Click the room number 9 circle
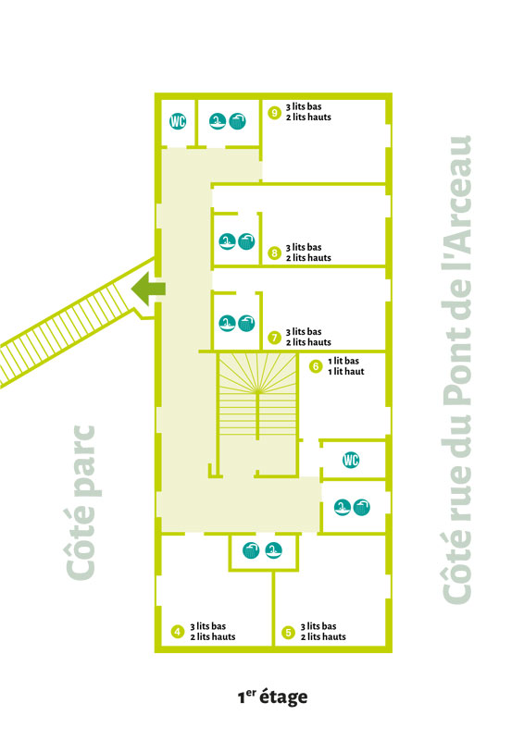click(x=275, y=113)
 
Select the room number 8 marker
click(x=275, y=253)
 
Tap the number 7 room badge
click(x=275, y=338)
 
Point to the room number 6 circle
click(x=316, y=366)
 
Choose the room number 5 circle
click(x=288, y=633)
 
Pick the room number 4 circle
click(x=178, y=632)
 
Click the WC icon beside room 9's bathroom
click(x=178, y=121)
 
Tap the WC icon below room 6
click(x=351, y=459)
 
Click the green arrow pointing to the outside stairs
click(x=148, y=289)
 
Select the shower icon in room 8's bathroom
click(x=246, y=241)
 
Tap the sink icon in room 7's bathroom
click(x=227, y=323)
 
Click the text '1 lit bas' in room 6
click(x=343, y=361)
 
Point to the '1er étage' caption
click(x=272, y=697)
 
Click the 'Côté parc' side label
click(x=81, y=502)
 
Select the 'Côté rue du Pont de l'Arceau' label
click(x=456, y=369)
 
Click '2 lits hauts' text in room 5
click(x=323, y=636)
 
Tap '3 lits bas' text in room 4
click(x=208, y=626)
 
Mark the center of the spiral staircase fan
click(x=257, y=391)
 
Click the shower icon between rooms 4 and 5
click(x=251, y=550)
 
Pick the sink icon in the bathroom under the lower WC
click(x=343, y=507)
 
